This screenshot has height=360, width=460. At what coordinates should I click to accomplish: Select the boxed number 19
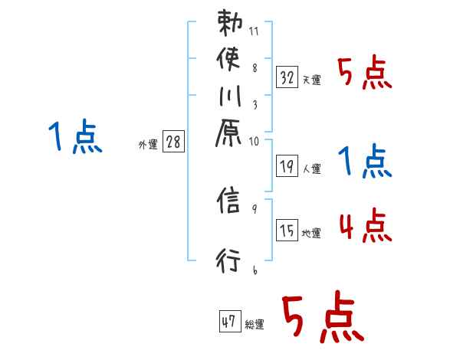287,165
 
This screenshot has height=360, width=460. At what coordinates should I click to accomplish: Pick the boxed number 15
287,231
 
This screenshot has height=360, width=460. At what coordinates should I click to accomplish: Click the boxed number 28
174,142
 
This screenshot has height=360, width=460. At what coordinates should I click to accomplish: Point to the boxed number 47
229,322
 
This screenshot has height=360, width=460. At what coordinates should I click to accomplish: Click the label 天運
311,80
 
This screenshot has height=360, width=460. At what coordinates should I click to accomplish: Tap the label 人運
311,167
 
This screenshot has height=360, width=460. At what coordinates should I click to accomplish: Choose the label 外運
147,145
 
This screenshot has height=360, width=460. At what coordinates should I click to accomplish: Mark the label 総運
254,325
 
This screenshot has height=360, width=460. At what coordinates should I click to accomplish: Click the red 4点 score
365,227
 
